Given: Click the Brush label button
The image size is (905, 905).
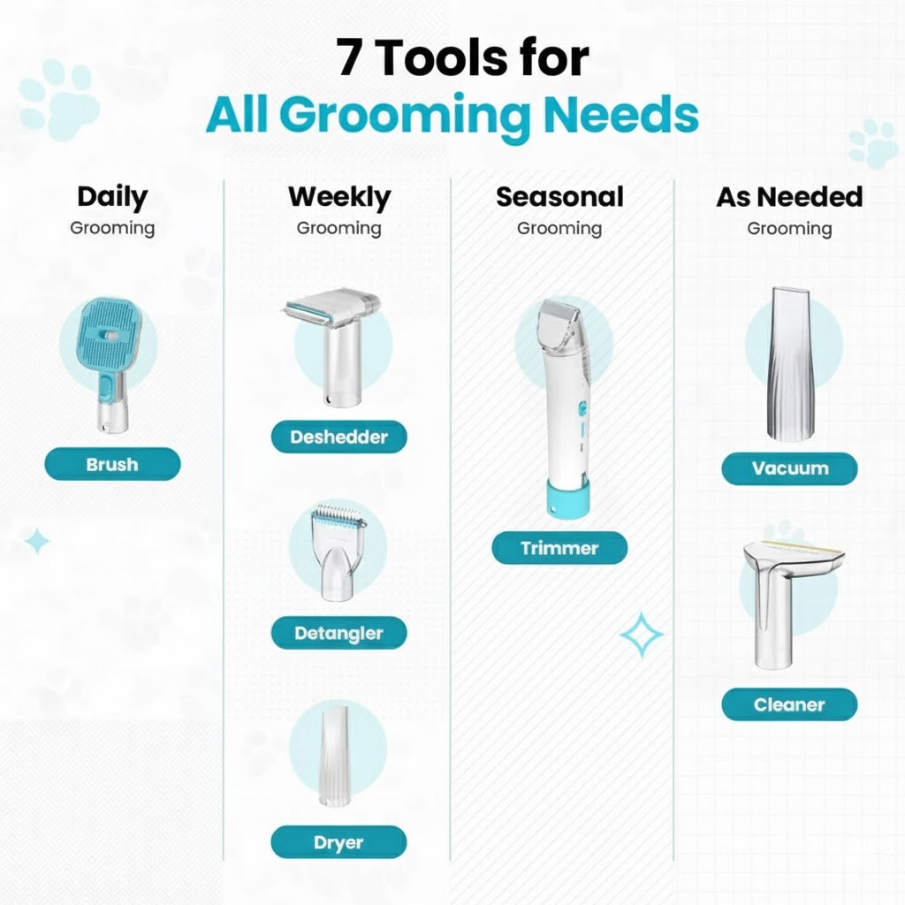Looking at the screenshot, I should pyautogui.click(x=112, y=464).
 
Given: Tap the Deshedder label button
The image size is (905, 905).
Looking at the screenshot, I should pyautogui.click(x=339, y=437).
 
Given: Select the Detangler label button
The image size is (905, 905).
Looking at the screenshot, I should pyautogui.click(x=339, y=633).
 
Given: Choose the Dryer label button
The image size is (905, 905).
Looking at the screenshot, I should pyautogui.click(x=339, y=842).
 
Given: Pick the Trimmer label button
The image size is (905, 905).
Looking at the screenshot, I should pyautogui.click(x=559, y=548).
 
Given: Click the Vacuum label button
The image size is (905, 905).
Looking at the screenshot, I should pyautogui.click(x=789, y=468).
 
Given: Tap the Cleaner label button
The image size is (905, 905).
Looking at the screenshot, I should pyautogui.click(x=789, y=705).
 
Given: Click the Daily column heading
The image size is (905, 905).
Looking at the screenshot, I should pyautogui.click(x=112, y=196).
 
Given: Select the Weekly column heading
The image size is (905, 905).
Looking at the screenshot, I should pyautogui.click(x=339, y=196).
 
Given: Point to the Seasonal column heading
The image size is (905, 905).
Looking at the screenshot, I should pyautogui.click(x=559, y=196).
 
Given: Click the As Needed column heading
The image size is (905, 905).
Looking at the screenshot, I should pyautogui.click(x=789, y=196).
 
